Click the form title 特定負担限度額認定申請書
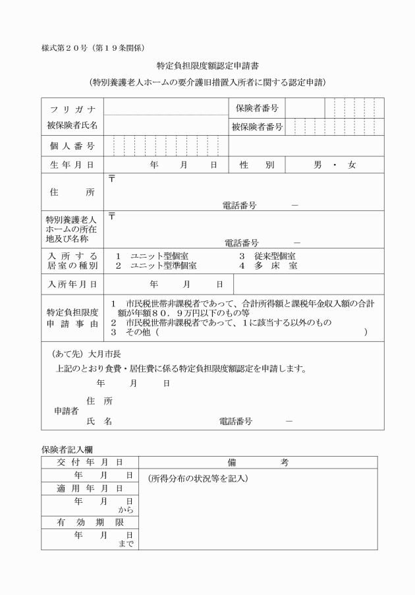pos(207,66)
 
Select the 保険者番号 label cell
pos(257,108)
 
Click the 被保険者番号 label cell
pos(257,127)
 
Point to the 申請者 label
pos(67,411)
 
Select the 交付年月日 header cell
pos(89,463)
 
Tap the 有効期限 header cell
pos(89,522)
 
